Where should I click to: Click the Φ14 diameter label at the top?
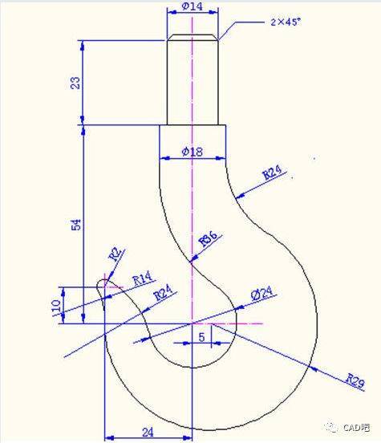(x=192, y=6)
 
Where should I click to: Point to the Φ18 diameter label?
(x=193, y=152)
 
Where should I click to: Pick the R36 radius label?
(x=210, y=240)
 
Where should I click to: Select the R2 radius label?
(x=116, y=256)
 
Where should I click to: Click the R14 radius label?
(x=142, y=279)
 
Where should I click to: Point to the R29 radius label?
(x=356, y=379)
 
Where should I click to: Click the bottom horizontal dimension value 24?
(x=148, y=431)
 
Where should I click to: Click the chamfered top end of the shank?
(x=192, y=37)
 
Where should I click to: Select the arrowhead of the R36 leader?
(x=193, y=260)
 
